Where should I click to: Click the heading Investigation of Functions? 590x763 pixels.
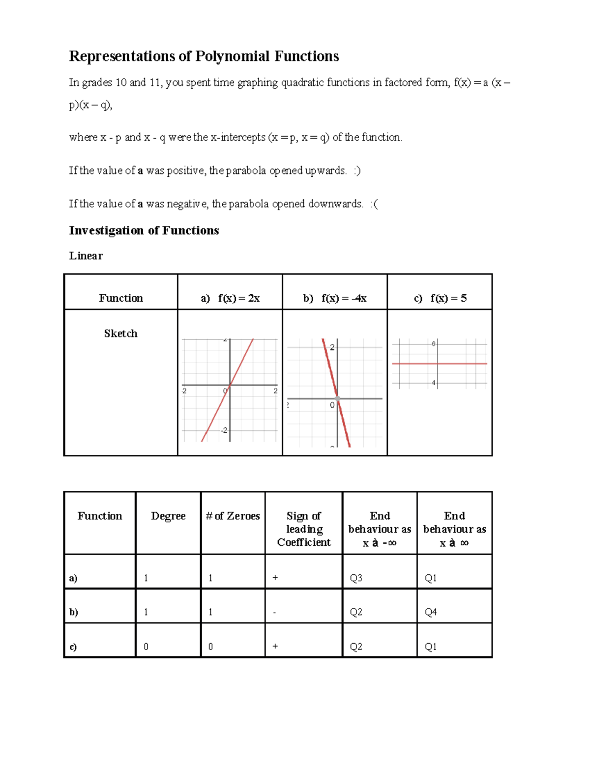144,230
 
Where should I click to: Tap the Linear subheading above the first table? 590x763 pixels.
86,255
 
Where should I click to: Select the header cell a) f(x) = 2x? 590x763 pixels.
230,298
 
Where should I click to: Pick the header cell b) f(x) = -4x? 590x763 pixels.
335,298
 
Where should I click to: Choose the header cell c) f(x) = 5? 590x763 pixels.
440,298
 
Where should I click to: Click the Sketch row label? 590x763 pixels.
120,334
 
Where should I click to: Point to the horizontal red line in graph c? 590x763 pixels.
462,364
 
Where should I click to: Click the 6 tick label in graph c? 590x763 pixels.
434,344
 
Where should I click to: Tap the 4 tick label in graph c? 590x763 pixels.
434,383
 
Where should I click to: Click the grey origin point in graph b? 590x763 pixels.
337,398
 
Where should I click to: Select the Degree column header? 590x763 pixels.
168,516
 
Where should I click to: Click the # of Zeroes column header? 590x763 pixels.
233,516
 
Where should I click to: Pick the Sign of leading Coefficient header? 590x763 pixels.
304,529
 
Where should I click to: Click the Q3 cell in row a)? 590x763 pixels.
356,578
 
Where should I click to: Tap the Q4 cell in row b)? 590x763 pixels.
431,612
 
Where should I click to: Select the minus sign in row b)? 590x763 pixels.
274,613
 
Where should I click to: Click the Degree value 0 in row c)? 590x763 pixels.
146,647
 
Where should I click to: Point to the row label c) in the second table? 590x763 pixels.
73,647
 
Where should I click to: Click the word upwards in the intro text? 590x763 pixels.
325,170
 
